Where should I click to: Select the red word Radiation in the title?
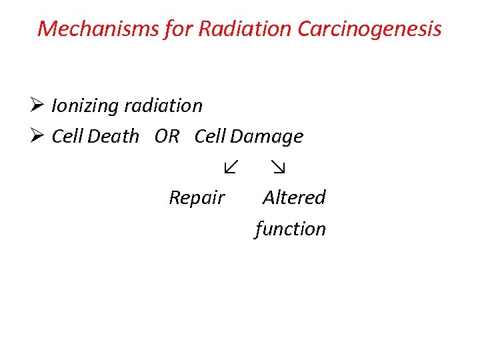pos(236,29)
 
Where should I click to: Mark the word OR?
pos(167,137)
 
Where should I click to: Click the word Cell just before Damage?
pos(210,137)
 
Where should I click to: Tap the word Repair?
pos(197,198)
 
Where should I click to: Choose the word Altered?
pos(294,197)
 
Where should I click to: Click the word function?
pos(291,229)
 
